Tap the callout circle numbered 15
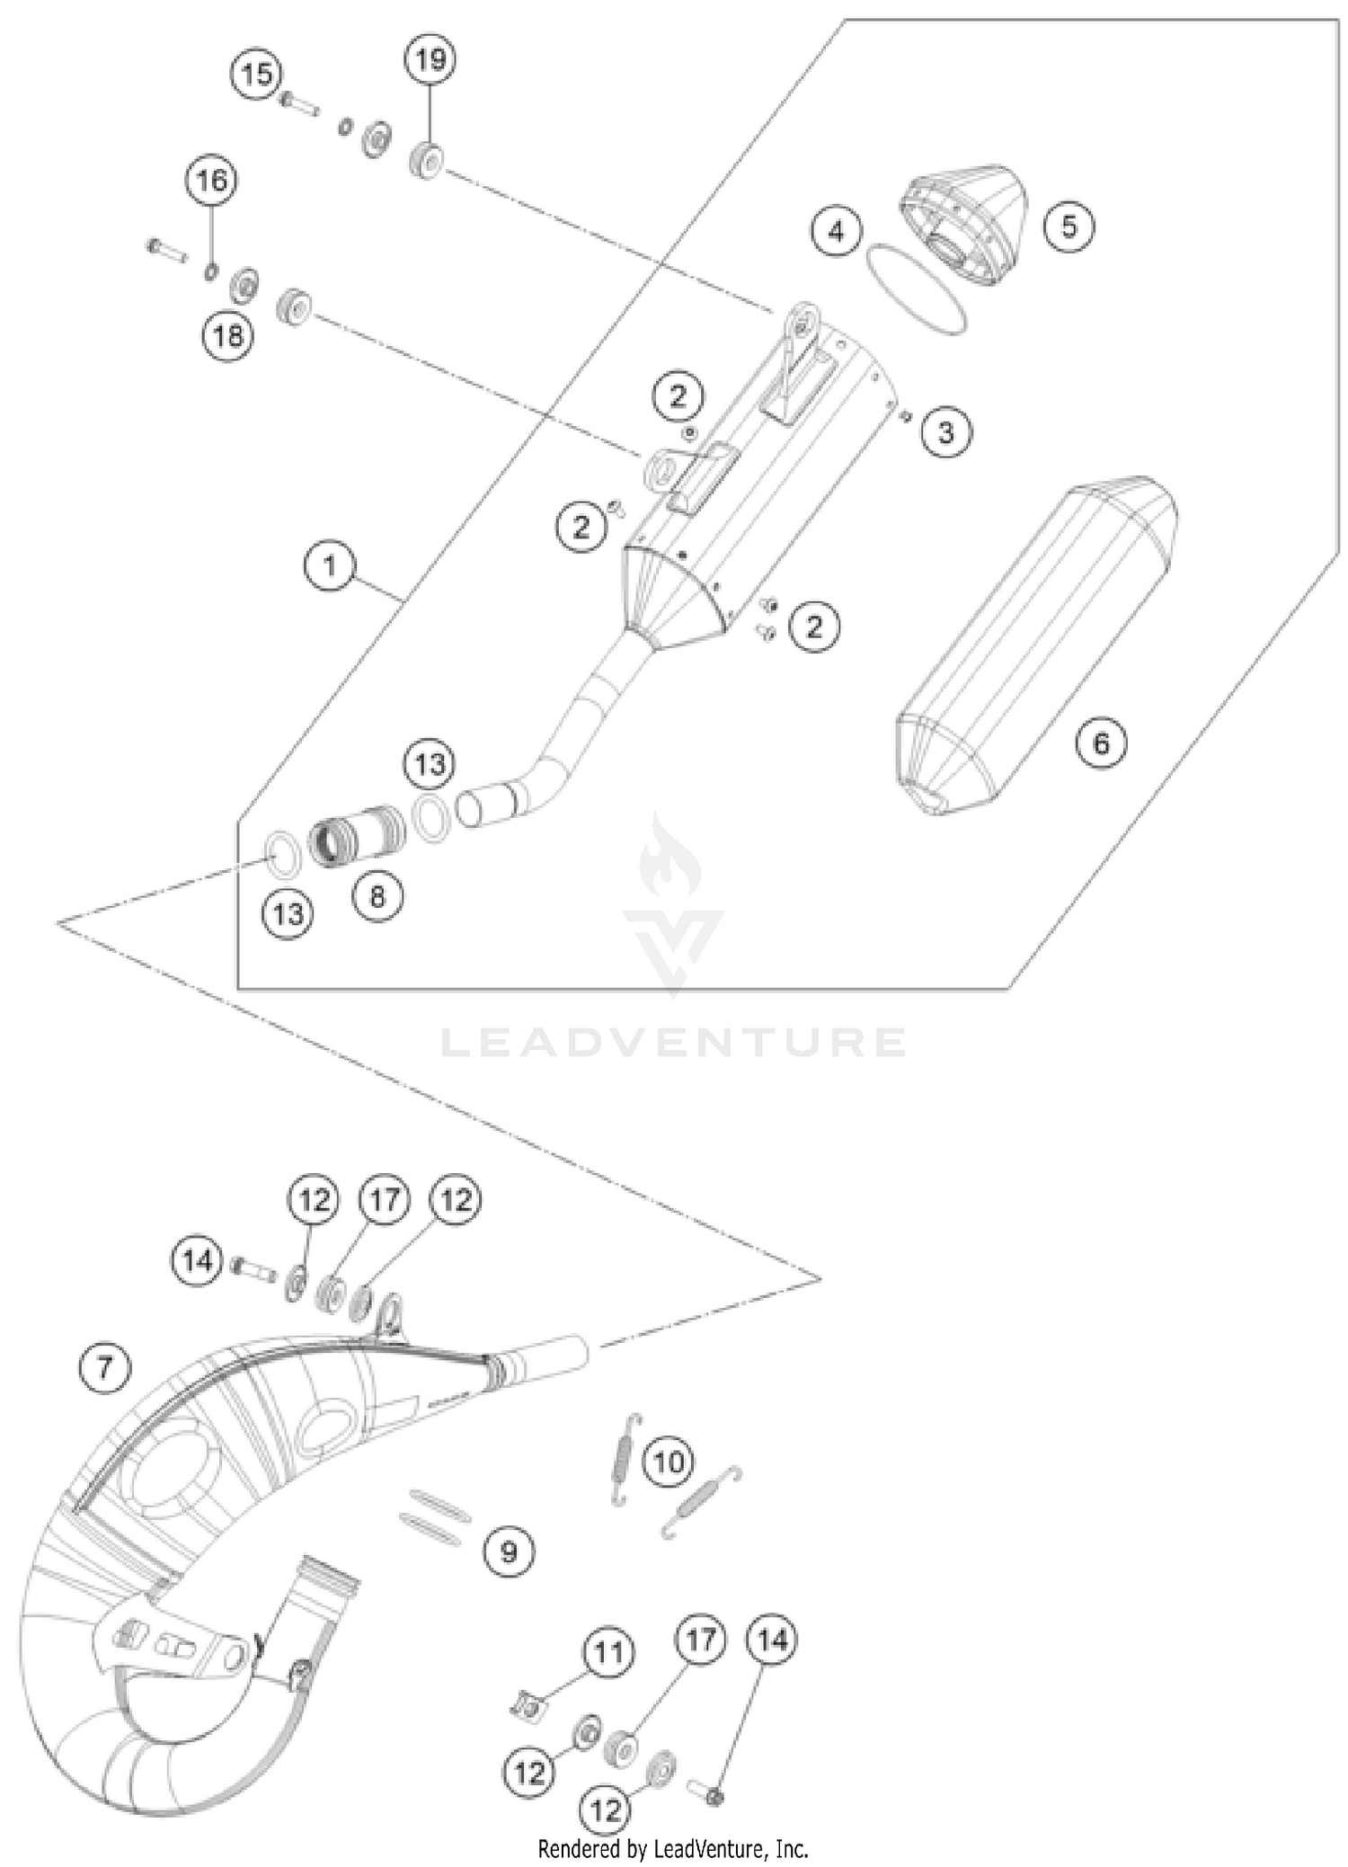click(x=257, y=74)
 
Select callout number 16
click(x=212, y=182)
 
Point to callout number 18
click(x=228, y=336)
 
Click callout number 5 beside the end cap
click(x=1069, y=226)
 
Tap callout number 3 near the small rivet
click(x=945, y=433)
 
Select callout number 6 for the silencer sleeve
click(x=1101, y=743)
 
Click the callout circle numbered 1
click(x=330, y=566)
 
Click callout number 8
click(x=377, y=896)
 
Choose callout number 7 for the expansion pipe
click(x=105, y=1368)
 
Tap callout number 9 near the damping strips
click(x=509, y=1551)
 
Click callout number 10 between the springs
click(x=669, y=1462)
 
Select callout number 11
click(x=608, y=1651)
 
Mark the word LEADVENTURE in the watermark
click(x=673, y=1043)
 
